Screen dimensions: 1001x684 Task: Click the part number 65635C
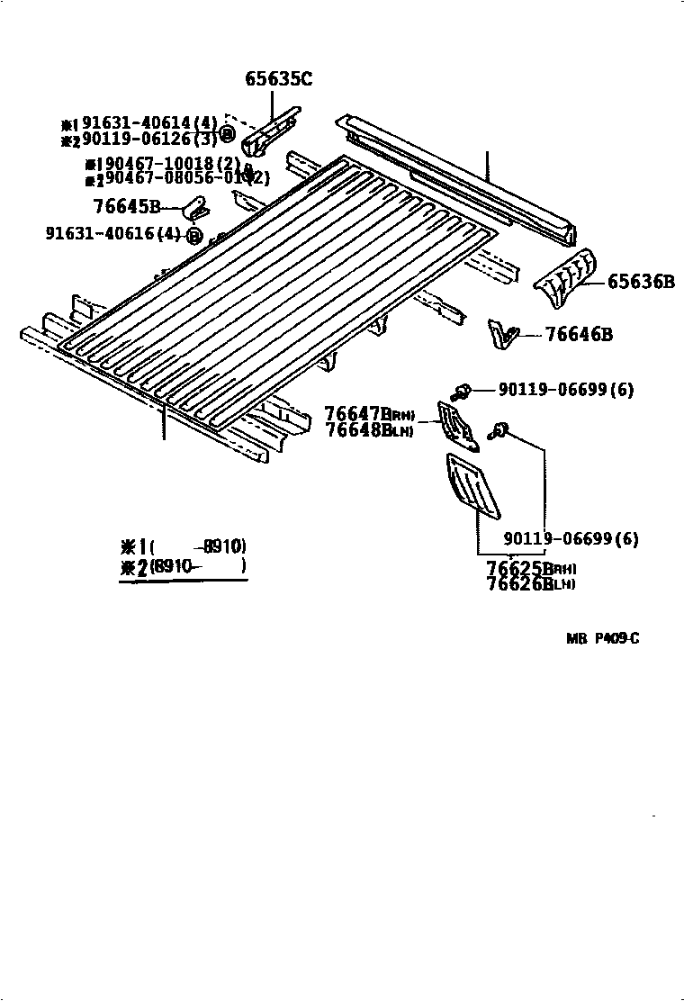click(x=278, y=79)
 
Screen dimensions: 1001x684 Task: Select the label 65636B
click(x=640, y=283)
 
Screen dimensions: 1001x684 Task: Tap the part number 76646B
click(x=579, y=336)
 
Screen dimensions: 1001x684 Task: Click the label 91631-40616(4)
click(x=113, y=235)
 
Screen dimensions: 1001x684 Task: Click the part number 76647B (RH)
click(x=368, y=414)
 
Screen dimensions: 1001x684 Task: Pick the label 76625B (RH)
click(x=531, y=569)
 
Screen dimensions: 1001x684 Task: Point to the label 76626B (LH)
click(x=531, y=584)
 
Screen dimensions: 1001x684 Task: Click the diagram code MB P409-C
click(x=603, y=639)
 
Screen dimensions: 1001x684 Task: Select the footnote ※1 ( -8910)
click(x=184, y=546)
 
